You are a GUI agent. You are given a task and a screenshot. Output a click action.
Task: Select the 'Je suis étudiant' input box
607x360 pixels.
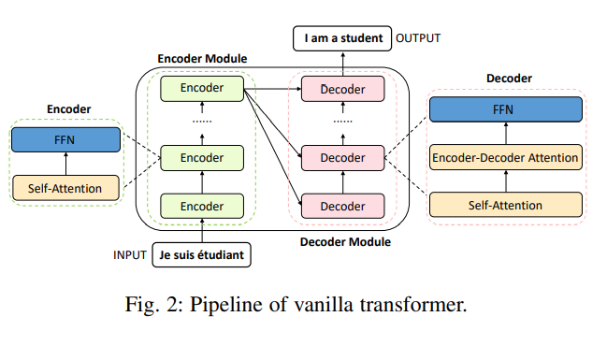click(202, 254)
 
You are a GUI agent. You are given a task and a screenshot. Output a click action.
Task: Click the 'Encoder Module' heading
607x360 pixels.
click(202, 59)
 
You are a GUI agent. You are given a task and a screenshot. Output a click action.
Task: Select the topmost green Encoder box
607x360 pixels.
click(202, 90)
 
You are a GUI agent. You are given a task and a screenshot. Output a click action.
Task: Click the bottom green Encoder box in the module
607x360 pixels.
click(202, 206)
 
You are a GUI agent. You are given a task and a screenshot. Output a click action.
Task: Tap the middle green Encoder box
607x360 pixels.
click(202, 157)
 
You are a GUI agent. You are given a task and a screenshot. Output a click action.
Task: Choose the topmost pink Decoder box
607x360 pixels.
click(343, 90)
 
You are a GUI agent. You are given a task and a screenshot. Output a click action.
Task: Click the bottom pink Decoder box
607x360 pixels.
click(343, 206)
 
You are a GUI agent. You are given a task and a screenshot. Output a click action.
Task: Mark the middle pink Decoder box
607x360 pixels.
click(343, 157)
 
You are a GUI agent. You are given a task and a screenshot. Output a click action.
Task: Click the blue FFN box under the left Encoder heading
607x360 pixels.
click(66, 140)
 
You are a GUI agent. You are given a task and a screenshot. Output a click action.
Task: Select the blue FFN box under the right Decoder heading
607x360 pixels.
click(504, 110)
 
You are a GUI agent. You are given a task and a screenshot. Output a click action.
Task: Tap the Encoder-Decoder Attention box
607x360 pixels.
click(504, 157)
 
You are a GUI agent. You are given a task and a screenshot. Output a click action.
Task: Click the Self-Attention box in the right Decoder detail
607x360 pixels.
click(504, 203)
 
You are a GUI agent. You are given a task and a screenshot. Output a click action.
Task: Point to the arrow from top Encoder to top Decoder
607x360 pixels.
click(272, 90)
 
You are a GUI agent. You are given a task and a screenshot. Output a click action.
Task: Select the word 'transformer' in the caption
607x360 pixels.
click(417, 306)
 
